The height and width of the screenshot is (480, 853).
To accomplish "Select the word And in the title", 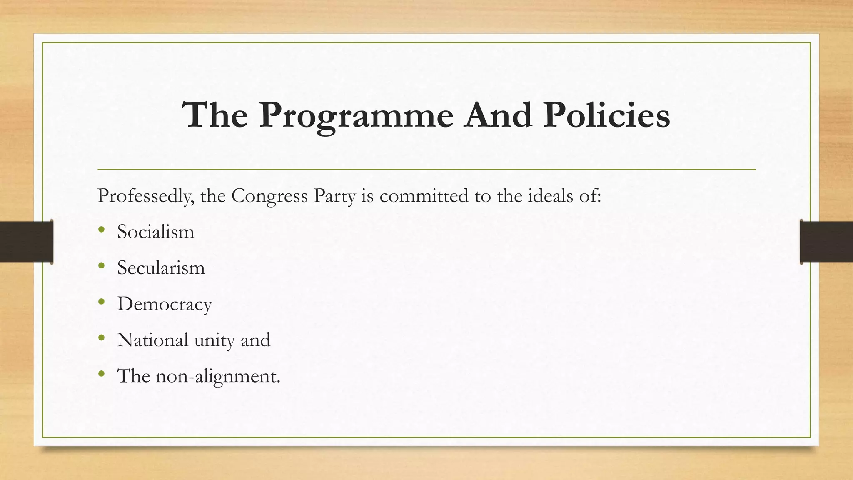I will [499, 115].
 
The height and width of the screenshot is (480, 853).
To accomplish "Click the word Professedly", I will [145, 196].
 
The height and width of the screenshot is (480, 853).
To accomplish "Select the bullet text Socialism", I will [155, 232].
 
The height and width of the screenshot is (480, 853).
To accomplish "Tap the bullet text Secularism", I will [161, 267].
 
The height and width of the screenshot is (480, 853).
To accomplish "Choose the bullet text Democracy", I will [165, 304].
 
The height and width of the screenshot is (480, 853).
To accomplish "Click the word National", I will [152, 340].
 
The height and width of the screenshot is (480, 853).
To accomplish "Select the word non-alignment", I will [217, 376].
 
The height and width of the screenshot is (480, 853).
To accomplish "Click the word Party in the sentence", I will [334, 196].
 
